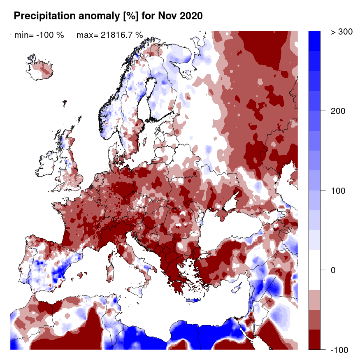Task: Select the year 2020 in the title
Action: pos(190,16)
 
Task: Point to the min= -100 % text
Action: pos(39,35)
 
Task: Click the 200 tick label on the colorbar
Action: pos(339,111)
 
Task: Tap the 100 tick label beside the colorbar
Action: pos(339,191)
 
